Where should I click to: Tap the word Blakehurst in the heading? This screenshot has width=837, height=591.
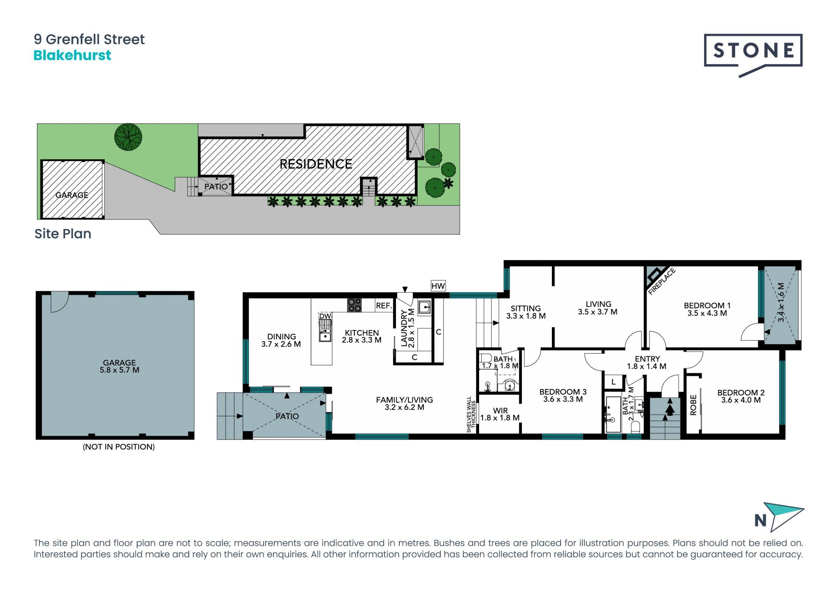point(72,55)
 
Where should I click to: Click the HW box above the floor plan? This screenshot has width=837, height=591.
point(438,286)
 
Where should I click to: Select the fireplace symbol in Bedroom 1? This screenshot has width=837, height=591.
point(654,275)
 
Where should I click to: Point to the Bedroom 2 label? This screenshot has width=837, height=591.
point(741,392)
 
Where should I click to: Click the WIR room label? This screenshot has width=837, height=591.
point(500,410)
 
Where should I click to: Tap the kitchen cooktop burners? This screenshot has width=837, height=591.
point(354,304)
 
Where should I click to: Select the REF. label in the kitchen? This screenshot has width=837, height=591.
point(384,306)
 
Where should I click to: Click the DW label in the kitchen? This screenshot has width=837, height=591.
point(325,316)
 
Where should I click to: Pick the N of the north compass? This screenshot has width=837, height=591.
point(760,520)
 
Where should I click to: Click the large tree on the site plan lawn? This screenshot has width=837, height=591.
point(128,137)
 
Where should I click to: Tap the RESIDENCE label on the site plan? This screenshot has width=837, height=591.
point(316,164)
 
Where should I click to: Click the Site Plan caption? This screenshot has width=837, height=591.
point(63,233)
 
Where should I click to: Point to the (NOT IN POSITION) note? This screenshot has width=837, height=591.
point(119,447)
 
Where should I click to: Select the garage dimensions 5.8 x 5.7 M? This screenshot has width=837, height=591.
point(119,370)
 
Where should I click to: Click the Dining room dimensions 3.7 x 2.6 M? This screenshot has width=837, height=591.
point(281,344)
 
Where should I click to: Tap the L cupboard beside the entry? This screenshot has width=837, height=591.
point(613,382)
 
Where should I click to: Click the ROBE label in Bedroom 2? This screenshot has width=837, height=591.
point(693,405)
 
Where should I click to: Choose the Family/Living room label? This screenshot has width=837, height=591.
point(405,400)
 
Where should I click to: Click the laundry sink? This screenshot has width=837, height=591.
point(424,307)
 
